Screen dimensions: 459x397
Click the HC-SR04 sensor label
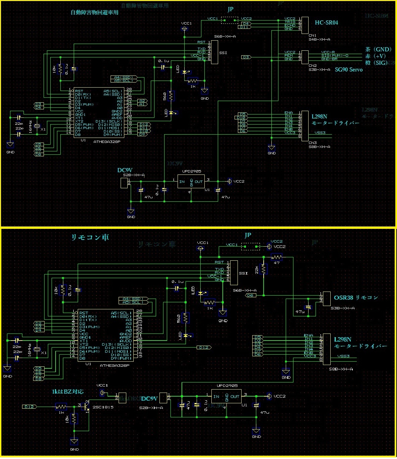click(x=326, y=23)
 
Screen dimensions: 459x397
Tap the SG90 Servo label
click(x=349, y=70)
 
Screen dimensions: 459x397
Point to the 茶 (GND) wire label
click(x=378, y=49)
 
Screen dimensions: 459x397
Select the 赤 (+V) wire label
click(x=376, y=56)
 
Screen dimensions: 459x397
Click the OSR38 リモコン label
click(x=356, y=298)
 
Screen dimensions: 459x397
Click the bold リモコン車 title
click(x=90, y=238)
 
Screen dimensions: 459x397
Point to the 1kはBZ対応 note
click(x=68, y=392)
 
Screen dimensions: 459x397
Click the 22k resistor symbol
click(x=264, y=269)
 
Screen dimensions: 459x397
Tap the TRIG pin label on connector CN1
click(x=290, y=22)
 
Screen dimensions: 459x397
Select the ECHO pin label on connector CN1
click(x=290, y=25)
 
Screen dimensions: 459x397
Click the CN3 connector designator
click(x=312, y=143)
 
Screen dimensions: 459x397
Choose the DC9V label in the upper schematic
click(x=125, y=170)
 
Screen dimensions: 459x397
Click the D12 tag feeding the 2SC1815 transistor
click(x=29, y=407)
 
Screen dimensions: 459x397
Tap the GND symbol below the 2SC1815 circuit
click(x=74, y=442)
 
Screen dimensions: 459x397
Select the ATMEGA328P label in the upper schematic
click(x=107, y=142)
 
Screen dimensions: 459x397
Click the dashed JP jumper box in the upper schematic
click(x=230, y=20)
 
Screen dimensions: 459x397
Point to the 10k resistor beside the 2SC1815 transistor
click(x=74, y=418)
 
